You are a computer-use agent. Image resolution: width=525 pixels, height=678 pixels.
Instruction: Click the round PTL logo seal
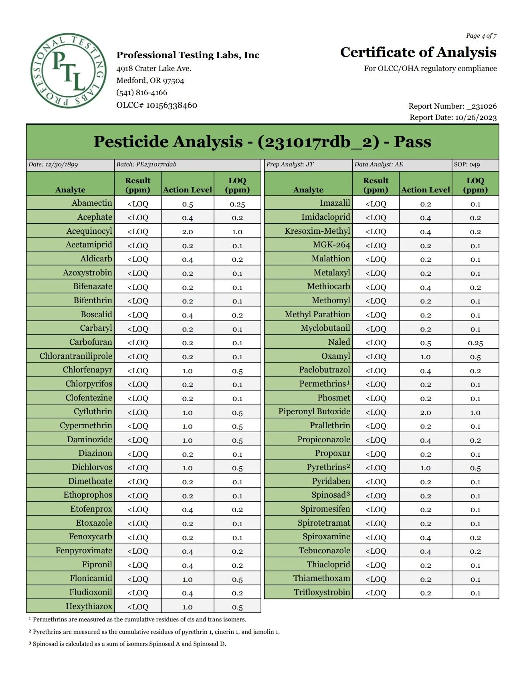point(69,71)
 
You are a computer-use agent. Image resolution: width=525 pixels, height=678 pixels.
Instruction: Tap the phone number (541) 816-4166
point(141,93)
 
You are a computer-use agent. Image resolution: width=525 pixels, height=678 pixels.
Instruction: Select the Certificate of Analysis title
point(418,53)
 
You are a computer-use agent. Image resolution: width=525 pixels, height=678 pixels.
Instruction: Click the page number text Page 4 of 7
point(481,36)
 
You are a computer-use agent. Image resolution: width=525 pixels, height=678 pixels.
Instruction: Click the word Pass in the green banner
point(412,142)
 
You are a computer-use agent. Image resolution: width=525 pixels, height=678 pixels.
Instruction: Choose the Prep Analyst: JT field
point(290,164)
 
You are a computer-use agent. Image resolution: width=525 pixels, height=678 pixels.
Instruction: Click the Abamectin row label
point(92,203)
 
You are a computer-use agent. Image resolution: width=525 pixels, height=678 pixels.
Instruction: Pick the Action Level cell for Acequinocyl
point(188,232)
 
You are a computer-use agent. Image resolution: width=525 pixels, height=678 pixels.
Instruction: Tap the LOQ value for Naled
point(475,343)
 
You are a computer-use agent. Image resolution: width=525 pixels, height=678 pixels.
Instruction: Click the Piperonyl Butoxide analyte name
point(314,412)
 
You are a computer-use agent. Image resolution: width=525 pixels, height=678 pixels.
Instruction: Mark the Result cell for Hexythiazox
point(137,607)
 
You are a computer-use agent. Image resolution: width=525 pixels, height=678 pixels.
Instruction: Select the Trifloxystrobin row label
point(322,593)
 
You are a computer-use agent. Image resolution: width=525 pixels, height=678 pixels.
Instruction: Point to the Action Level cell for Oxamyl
point(425,357)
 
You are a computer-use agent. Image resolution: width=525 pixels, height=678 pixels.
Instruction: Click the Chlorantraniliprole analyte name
point(76,356)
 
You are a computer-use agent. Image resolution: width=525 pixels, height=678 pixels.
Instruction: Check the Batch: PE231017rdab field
point(146,164)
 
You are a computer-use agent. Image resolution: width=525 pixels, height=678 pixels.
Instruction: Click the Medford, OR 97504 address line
point(150,81)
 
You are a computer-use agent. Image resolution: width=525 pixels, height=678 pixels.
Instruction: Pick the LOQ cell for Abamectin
point(237,204)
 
